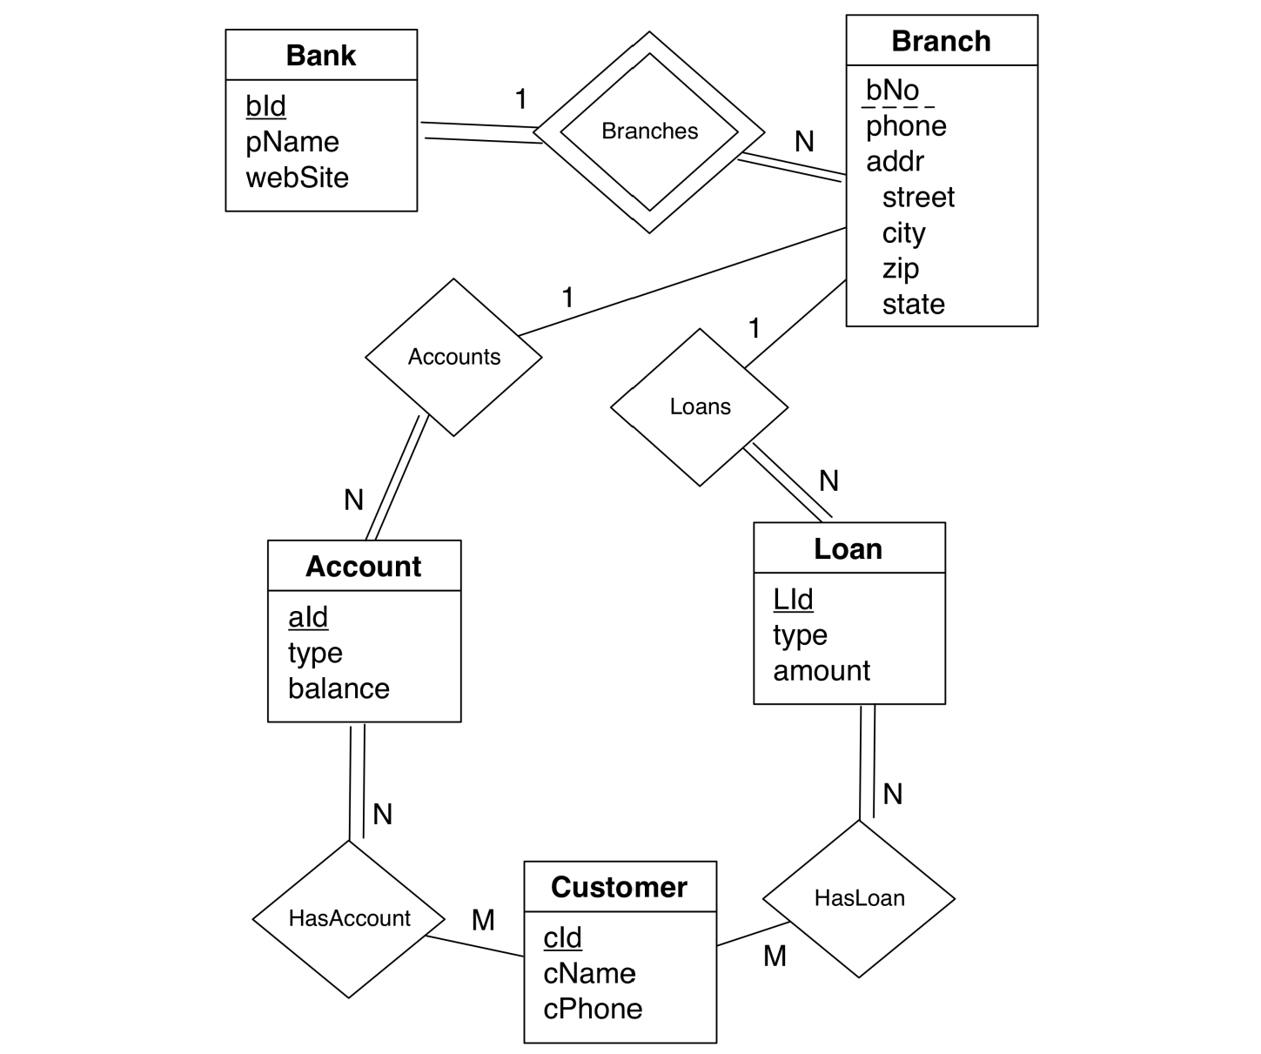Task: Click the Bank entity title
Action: [320, 56]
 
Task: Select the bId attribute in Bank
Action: [265, 106]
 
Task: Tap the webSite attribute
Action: [297, 178]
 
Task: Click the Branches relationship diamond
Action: [649, 131]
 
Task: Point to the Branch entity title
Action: [941, 41]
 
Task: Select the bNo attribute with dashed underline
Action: [892, 91]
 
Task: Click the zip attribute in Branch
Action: [900, 268]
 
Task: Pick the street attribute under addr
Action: [918, 198]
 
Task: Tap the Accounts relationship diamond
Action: [453, 357]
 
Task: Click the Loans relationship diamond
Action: [700, 406]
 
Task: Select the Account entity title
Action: [363, 567]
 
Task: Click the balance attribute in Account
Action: [339, 688]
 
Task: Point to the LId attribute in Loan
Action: [793, 600]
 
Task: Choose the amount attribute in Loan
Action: [822, 671]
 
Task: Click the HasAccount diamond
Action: [349, 918]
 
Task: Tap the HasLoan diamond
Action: [859, 898]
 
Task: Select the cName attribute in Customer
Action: [589, 973]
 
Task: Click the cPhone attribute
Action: [593, 1009]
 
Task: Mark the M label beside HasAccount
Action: [483, 920]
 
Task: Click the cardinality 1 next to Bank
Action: [520, 99]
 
